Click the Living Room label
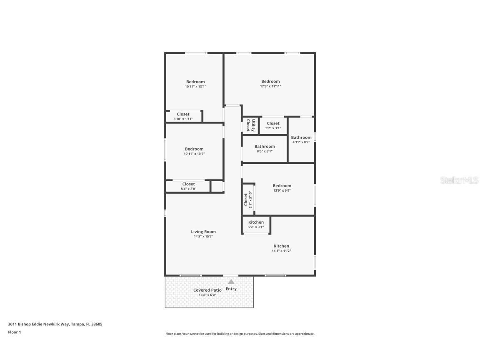pyautogui.click(x=203, y=232)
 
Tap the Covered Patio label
pyautogui.click(x=207, y=290)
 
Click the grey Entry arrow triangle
pyautogui.click(x=231, y=282)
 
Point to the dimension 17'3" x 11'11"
pyautogui.click(x=270, y=86)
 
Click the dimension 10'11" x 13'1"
pyautogui.click(x=195, y=87)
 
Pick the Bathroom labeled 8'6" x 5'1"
pyautogui.click(x=265, y=146)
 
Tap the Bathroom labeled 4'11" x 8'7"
pyautogui.click(x=301, y=137)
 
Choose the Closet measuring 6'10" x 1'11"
pyautogui.click(x=183, y=114)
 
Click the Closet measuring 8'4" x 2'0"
pyautogui.click(x=188, y=184)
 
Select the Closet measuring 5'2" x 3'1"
pyautogui.click(x=273, y=123)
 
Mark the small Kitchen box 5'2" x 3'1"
pyautogui.click(x=256, y=222)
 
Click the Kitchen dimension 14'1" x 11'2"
pyautogui.click(x=281, y=251)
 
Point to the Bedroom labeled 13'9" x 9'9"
pyautogui.click(x=282, y=186)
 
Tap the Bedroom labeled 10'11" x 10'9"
pyautogui.click(x=194, y=149)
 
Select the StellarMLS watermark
pyautogui.click(x=460, y=180)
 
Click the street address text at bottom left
pyautogui.click(x=55, y=324)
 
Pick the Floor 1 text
pyautogui.click(x=14, y=332)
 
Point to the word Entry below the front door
pyautogui.click(x=231, y=289)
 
